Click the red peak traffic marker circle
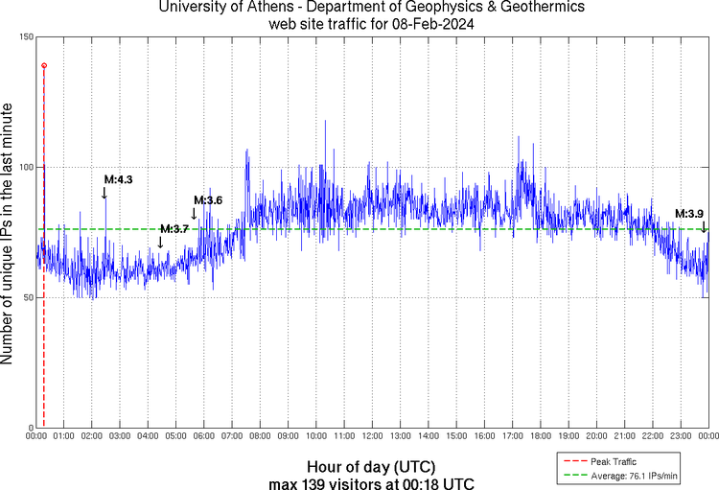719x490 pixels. (x=44, y=65)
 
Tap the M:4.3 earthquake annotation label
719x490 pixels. (x=118, y=179)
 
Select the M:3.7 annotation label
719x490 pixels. (x=174, y=229)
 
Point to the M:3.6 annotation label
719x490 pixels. (x=208, y=200)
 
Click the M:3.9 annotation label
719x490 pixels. (x=689, y=214)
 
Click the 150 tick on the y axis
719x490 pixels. (x=25, y=36)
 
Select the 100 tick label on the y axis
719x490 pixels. (x=25, y=167)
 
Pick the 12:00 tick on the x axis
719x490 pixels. (x=372, y=436)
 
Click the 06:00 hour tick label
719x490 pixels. (x=203, y=436)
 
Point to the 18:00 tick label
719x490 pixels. (x=540, y=436)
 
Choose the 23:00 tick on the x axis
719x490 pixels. (x=680, y=436)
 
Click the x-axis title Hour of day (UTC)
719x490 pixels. (x=372, y=466)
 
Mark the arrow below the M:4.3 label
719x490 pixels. (x=104, y=193)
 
